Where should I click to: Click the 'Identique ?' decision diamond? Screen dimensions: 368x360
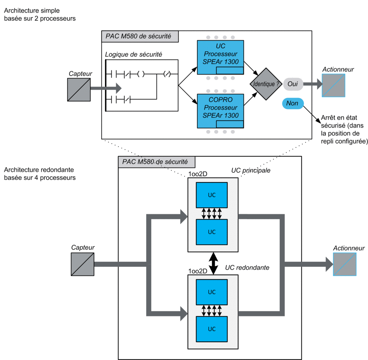(x=266, y=84)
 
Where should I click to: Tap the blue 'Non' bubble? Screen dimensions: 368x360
(x=293, y=103)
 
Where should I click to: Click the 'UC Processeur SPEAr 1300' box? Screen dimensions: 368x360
(x=220, y=57)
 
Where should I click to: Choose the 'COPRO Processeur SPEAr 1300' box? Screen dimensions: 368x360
(x=220, y=111)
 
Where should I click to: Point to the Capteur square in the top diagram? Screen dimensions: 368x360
(x=79, y=90)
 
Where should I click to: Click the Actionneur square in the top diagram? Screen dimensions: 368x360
(x=334, y=85)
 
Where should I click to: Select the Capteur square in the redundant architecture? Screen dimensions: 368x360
(x=83, y=264)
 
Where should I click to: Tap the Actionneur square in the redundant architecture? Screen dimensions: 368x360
(x=345, y=264)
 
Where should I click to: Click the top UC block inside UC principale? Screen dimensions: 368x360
(x=212, y=195)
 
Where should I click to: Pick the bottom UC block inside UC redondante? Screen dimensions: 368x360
(x=212, y=329)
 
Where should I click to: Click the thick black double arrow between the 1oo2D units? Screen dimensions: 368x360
(x=213, y=263)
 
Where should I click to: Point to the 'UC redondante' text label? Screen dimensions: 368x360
(x=247, y=268)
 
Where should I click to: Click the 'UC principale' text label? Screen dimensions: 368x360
(x=251, y=170)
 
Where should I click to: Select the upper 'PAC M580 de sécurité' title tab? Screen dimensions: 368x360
(x=140, y=36)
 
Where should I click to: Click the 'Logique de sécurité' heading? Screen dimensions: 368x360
(x=133, y=54)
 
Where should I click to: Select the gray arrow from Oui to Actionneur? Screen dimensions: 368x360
(x=313, y=84)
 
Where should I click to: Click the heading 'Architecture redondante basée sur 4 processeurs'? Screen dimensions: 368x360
(x=40, y=174)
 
